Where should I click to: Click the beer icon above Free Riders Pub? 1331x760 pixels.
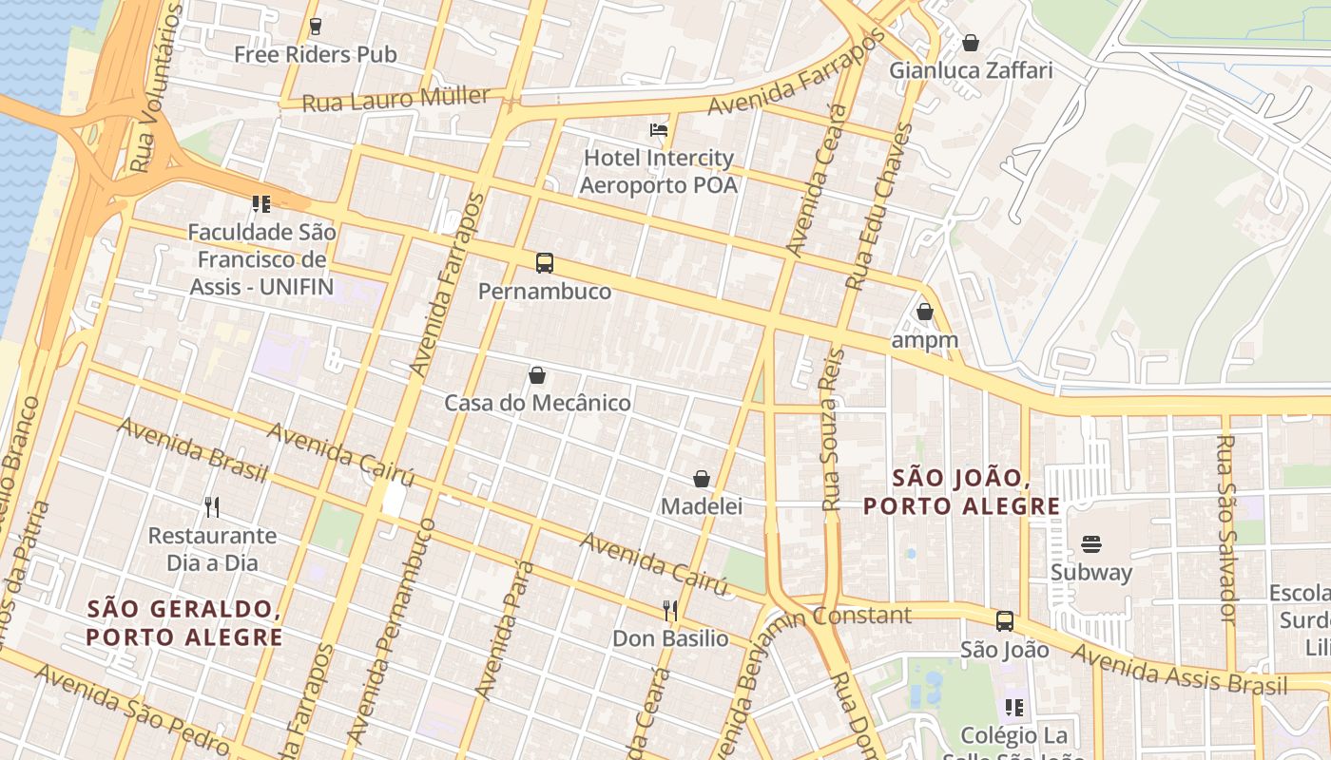pyautogui.click(x=316, y=27)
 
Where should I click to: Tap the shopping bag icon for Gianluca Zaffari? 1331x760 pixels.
pyautogui.click(x=971, y=43)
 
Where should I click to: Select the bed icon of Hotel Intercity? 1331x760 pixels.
pyautogui.click(x=659, y=130)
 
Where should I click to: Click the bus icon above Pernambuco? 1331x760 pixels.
pyautogui.click(x=544, y=263)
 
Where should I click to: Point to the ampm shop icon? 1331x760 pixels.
pyautogui.click(x=925, y=312)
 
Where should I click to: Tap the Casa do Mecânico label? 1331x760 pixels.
pyautogui.click(x=537, y=403)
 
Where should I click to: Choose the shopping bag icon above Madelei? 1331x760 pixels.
pyautogui.click(x=702, y=479)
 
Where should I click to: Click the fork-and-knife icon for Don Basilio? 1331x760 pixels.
pyautogui.click(x=670, y=610)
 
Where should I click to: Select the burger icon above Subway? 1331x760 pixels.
pyautogui.click(x=1091, y=544)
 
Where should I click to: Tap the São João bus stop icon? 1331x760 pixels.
pyautogui.click(x=1005, y=621)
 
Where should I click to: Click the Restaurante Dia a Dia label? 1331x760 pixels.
pyautogui.click(x=212, y=549)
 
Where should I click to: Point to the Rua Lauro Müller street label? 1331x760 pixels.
pyautogui.click(x=395, y=99)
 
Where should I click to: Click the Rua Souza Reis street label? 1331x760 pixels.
pyautogui.click(x=832, y=429)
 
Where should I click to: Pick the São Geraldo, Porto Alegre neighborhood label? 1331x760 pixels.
pyautogui.click(x=184, y=622)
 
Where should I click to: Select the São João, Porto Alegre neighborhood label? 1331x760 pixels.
pyautogui.click(x=961, y=492)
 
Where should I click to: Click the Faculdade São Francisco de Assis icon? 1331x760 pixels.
pyautogui.click(x=261, y=203)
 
